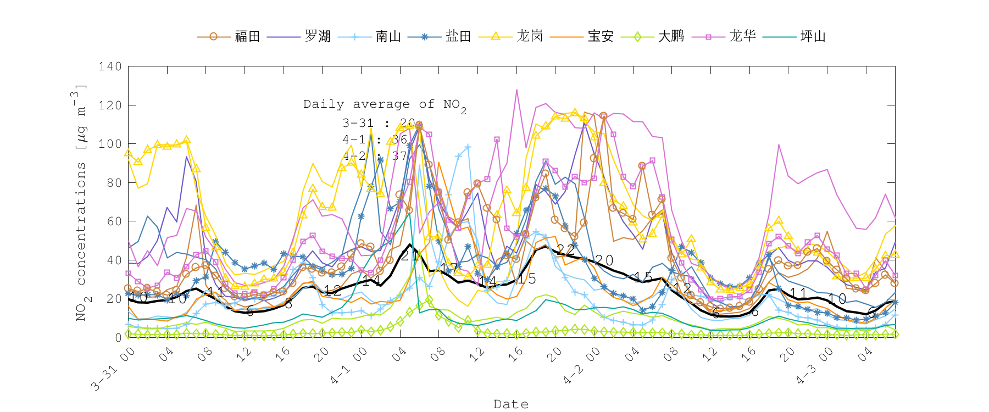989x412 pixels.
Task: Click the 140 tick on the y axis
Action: coord(110,66)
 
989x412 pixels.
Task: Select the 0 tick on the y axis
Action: coord(118,337)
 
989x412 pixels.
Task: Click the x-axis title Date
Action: coord(511,404)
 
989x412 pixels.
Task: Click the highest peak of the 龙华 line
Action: coord(516,90)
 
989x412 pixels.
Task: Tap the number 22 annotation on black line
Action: coord(565,250)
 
